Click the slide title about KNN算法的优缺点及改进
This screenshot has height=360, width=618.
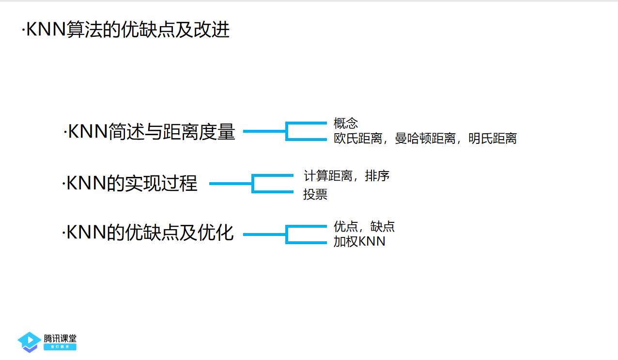click(126, 31)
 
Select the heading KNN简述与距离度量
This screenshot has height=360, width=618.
click(150, 132)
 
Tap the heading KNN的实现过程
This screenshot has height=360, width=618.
click(130, 184)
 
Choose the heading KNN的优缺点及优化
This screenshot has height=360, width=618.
click(149, 233)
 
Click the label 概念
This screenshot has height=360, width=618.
click(346, 123)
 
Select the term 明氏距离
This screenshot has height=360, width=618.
click(493, 139)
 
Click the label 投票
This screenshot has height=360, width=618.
click(315, 194)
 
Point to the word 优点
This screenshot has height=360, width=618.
click(346, 226)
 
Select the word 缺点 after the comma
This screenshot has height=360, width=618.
click(383, 226)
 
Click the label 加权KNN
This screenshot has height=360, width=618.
click(359, 241)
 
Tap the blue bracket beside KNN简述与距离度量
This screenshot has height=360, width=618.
click(287, 131)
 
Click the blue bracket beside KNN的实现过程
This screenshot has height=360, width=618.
click(253, 184)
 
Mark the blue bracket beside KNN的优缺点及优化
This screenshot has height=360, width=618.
click(287, 235)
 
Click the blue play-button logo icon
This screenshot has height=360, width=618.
click(29, 341)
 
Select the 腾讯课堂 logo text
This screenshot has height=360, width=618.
click(60, 338)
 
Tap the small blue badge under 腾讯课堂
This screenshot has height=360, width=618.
click(60, 347)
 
